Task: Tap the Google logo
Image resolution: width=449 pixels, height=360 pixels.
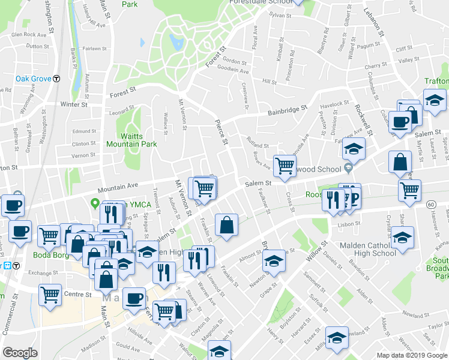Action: click(20, 353)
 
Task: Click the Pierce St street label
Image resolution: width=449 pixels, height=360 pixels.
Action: click(222, 133)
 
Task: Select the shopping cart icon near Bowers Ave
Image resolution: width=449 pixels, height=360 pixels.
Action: click(285, 166)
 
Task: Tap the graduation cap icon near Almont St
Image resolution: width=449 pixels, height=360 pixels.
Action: click(274, 261)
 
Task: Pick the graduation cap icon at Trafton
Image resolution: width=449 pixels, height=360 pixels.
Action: click(434, 100)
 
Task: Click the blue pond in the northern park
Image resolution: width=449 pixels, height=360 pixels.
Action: click(176, 43)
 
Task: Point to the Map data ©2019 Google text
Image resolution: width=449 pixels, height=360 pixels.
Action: click(411, 355)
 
